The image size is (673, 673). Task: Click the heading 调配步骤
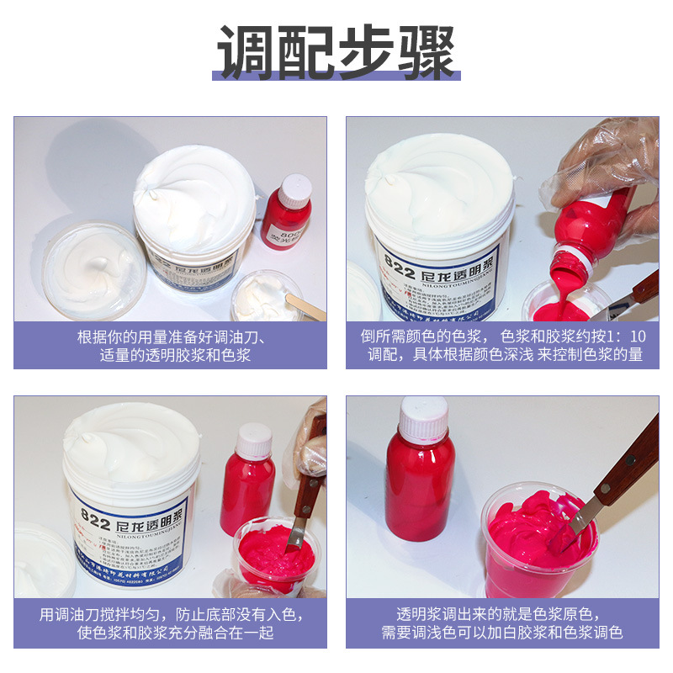pyautogui.click(x=336, y=52)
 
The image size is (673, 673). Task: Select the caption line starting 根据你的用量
pyautogui.click(x=171, y=335)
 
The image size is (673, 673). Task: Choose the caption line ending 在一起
pyautogui.click(x=171, y=633)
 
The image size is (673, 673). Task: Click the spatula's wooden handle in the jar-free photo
pyautogui.click(x=627, y=458)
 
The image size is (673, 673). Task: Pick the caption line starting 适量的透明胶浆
pyautogui.click(x=171, y=354)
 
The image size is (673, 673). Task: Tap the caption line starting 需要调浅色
pyautogui.click(x=502, y=633)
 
